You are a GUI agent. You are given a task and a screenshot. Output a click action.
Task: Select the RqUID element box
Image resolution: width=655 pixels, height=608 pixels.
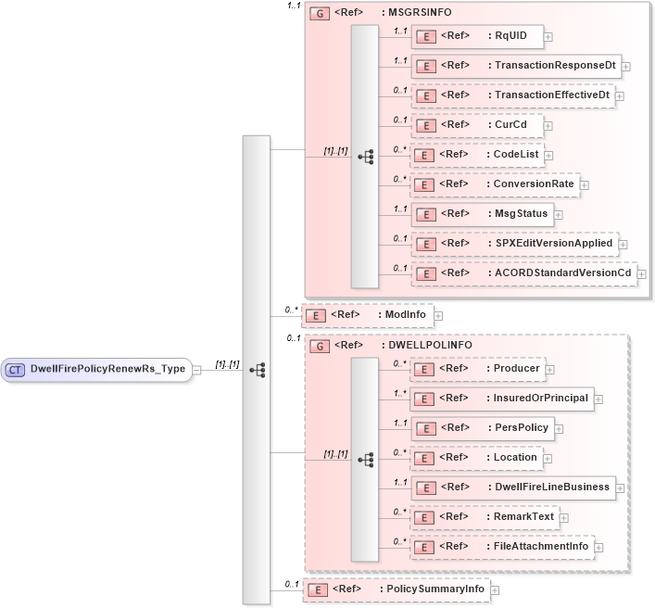477,36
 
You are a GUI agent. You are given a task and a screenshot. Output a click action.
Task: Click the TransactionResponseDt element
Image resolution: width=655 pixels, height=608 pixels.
515,66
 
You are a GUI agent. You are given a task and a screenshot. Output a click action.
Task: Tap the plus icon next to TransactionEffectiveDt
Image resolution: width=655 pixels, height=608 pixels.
620,96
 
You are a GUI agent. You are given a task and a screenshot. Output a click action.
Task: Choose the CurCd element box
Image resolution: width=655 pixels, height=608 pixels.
477,125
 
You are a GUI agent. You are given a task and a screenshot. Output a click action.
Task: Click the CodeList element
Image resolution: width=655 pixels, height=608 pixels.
477,155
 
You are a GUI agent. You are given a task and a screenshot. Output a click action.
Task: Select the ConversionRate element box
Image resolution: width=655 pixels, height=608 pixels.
496,184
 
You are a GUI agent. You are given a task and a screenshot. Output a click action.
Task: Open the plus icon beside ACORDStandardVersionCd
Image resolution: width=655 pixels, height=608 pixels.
641,274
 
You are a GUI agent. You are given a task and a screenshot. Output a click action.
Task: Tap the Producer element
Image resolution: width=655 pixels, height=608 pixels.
477,369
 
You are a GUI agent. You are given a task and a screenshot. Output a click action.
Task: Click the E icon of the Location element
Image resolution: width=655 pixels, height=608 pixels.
424,458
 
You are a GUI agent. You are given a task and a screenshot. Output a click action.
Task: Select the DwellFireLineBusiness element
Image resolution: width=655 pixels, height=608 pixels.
513,488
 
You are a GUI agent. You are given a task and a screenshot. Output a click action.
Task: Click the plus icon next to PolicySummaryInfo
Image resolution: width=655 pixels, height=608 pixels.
495,589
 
